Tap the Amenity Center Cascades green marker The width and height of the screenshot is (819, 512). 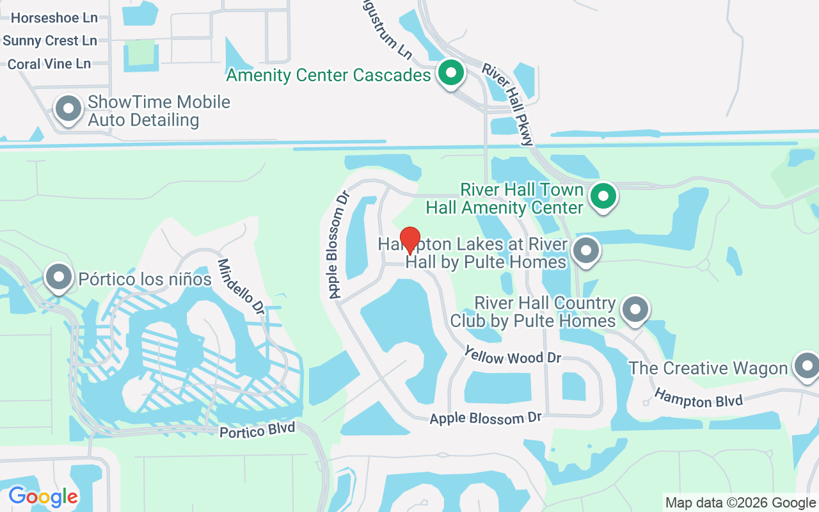coord(451,73)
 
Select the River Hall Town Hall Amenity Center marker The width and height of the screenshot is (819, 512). coord(603,196)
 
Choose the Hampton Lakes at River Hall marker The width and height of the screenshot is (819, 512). coord(585,251)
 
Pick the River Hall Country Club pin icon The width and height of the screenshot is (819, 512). coord(635,310)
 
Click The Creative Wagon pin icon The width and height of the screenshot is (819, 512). coord(806,366)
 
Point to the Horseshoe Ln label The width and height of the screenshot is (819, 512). coord(54,18)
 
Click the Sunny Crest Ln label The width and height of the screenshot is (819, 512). coord(50,41)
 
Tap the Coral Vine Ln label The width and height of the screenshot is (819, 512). coord(49,64)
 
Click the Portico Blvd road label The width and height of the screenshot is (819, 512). coord(257,429)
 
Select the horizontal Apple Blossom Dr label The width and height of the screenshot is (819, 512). coord(486,418)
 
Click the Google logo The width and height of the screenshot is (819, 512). coord(44,497)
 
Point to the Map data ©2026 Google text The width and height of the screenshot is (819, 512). coord(740,503)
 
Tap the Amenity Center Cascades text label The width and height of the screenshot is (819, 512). coord(328,76)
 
